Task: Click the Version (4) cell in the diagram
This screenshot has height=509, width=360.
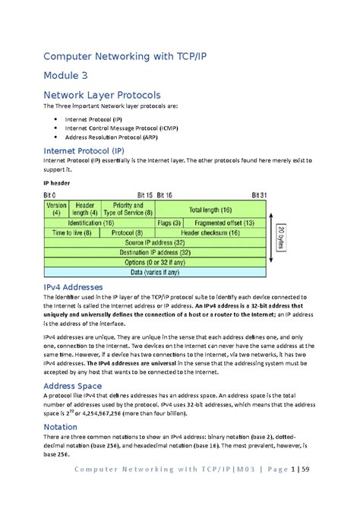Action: (x=56, y=209)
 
